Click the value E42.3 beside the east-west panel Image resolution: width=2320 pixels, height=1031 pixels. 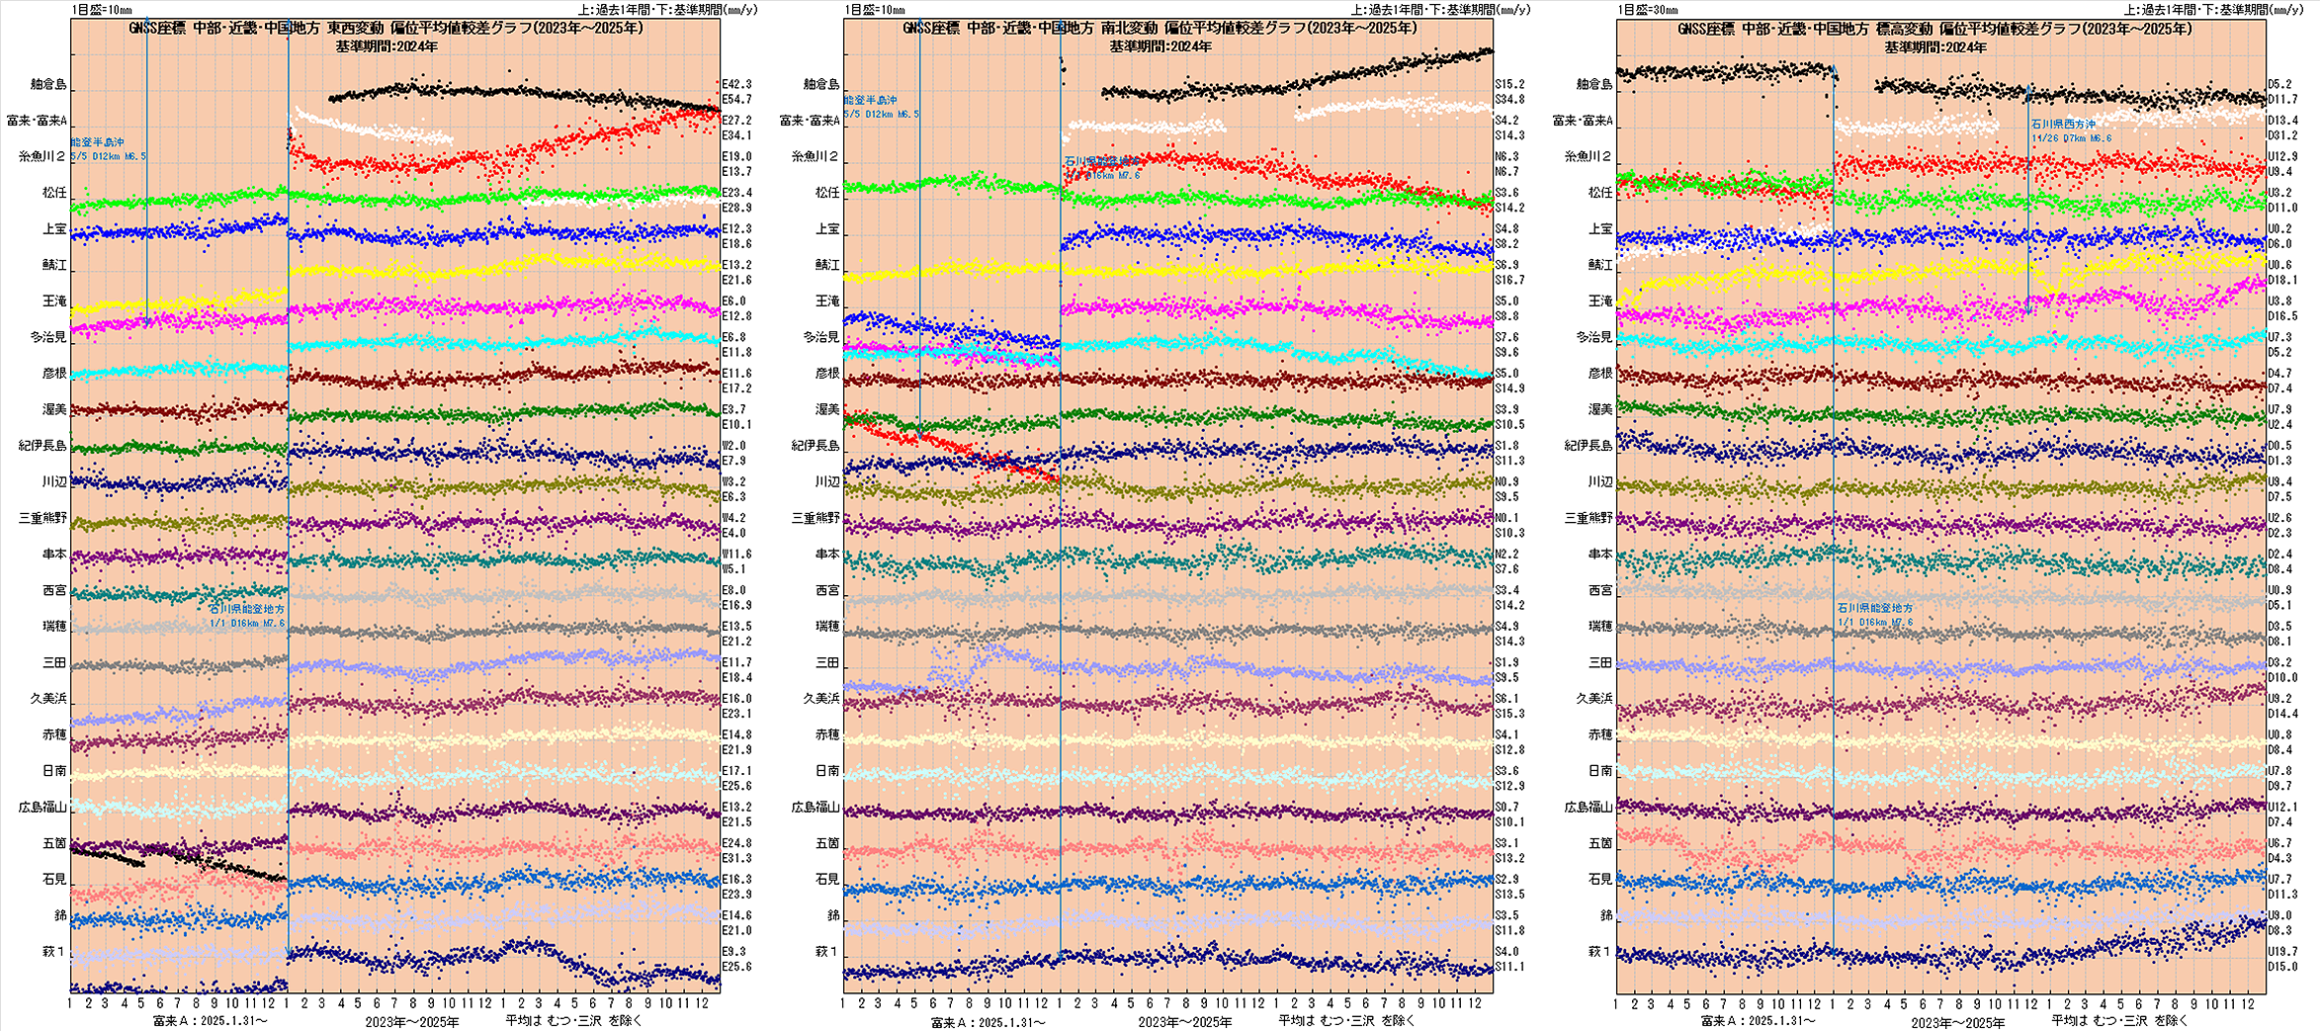pos(736,84)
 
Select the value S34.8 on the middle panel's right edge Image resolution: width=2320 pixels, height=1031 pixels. pos(1509,100)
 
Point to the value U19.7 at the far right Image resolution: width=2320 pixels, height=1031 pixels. pos(2282,952)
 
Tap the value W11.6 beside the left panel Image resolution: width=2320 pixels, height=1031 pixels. pos(736,555)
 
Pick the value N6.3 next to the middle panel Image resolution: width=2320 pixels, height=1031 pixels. pos(1506,156)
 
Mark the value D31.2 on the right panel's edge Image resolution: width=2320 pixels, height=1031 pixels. pos(2282,135)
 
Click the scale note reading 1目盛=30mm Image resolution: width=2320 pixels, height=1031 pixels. pos(1648,10)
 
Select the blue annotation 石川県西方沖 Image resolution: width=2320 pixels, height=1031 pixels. pos(2063,125)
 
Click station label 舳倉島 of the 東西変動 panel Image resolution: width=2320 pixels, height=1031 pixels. pos(47,85)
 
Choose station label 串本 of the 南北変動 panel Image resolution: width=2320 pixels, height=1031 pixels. pos(827,555)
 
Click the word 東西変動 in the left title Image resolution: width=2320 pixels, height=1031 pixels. pos(355,29)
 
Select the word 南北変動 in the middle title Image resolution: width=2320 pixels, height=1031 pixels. pos(1129,29)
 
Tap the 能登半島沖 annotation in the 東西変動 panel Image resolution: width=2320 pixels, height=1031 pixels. pos(98,142)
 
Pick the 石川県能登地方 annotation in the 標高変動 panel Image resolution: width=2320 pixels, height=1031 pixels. pos(1875,608)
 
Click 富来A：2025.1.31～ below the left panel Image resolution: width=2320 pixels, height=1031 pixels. pos(210,1020)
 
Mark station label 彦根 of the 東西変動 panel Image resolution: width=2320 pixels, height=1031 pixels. pos(54,374)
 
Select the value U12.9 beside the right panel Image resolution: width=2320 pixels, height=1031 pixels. pos(2282,156)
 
